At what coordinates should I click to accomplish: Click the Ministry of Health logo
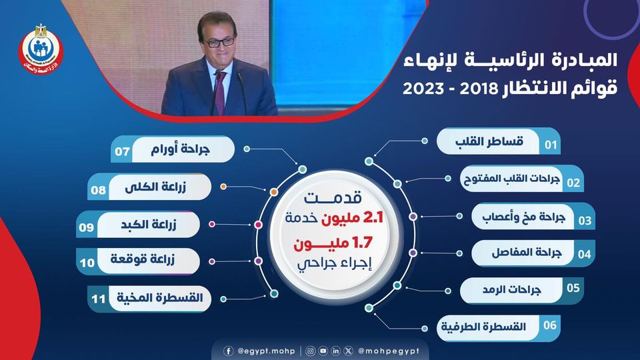click(x=41, y=49)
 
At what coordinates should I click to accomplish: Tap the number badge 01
click(x=551, y=145)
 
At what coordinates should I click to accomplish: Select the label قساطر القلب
click(x=489, y=141)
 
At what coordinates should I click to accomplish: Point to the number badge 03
click(x=585, y=221)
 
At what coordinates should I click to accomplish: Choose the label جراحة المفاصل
click(x=527, y=253)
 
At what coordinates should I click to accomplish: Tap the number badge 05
click(x=573, y=288)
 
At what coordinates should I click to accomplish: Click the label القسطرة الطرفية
click(x=483, y=327)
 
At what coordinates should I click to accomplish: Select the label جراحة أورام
click(x=180, y=149)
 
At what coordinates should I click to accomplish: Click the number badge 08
click(x=99, y=190)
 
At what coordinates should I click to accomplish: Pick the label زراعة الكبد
click(x=149, y=225)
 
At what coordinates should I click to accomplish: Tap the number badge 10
click(x=87, y=263)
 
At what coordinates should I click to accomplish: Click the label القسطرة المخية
click(x=160, y=297)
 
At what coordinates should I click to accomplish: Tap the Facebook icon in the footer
click(x=229, y=351)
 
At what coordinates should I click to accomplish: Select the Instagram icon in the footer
click(x=310, y=351)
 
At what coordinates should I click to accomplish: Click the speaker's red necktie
click(x=221, y=92)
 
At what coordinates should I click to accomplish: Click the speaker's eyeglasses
click(x=219, y=42)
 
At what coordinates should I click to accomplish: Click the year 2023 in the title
click(x=423, y=88)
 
